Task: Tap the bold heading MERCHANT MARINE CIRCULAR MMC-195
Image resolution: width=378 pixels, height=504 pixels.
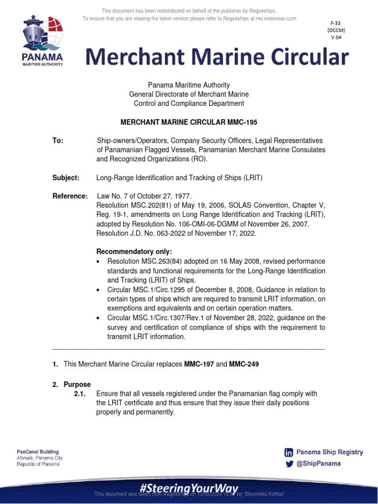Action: pos(189,122)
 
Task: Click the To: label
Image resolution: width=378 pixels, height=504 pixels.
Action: pos(58,141)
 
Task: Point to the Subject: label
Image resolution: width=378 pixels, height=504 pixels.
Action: pos(65,178)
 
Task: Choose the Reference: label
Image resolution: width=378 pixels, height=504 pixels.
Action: pos(70,196)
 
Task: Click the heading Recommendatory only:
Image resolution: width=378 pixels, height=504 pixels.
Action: pos(134,252)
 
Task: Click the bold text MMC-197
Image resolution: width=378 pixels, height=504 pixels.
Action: pos(199,364)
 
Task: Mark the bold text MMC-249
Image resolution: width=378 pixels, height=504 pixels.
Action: pos(244,364)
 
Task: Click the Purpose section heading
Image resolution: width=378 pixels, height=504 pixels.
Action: pos(77,384)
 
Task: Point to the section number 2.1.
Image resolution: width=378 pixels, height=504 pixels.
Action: pos(80,394)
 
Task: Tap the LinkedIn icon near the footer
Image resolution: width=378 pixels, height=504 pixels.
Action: pos(289,452)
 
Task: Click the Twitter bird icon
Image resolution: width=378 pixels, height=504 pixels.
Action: pos(289,464)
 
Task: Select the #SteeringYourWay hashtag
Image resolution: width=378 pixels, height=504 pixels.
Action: pos(189,487)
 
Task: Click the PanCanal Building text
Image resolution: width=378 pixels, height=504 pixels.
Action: pos(38,451)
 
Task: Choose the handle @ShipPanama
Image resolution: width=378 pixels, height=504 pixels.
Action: pos(319,464)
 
